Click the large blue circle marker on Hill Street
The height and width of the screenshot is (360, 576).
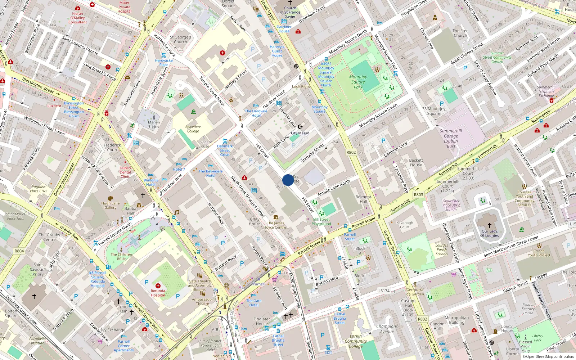(x=288, y=180)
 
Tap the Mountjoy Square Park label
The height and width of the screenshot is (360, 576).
(x=358, y=82)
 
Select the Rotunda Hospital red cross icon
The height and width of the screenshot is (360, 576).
(x=158, y=286)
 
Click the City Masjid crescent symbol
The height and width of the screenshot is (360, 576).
(x=300, y=127)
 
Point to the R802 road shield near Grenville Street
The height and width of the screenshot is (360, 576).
(x=351, y=152)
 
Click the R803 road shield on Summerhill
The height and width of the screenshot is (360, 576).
(x=418, y=195)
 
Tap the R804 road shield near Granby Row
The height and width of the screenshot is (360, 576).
(x=19, y=251)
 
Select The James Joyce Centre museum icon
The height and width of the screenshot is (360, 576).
(x=276, y=217)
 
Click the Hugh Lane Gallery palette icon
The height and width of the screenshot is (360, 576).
(x=111, y=198)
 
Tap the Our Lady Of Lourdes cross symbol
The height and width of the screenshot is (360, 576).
(x=489, y=225)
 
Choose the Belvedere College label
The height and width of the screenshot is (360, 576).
(x=193, y=129)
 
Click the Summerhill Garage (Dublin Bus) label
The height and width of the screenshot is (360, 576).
(x=451, y=139)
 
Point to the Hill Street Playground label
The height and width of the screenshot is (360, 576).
(x=321, y=221)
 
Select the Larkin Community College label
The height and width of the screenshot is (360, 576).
(x=356, y=341)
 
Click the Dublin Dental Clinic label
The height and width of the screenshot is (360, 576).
(x=125, y=172)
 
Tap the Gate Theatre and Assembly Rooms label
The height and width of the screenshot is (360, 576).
(x=200, y=285)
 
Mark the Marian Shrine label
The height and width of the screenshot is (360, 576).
(x=154, y=125)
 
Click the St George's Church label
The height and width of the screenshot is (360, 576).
(x=180, y=39)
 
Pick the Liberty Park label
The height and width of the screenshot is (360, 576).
(x=537, y=338)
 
